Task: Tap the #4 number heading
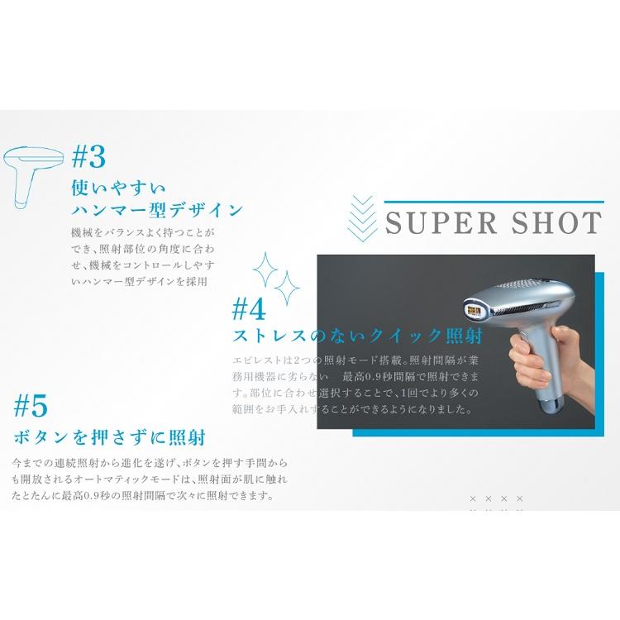coord(249,309)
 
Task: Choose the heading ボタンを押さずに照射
coord(109,436)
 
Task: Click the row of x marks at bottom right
coord(496,498)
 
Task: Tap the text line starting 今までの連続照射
coord(149,465)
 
